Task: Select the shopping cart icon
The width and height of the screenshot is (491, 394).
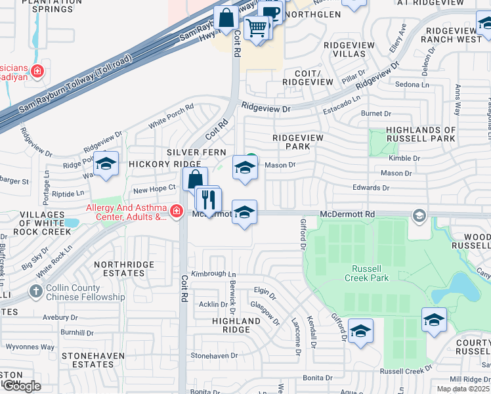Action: (257, 28)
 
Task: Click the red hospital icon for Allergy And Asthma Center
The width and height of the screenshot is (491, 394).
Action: (176, 211)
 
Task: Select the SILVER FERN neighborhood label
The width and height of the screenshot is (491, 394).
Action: (196, 152)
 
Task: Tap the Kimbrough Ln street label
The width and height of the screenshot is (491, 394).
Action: (213, 273)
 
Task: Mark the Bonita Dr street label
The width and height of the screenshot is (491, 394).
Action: (318, 378)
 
